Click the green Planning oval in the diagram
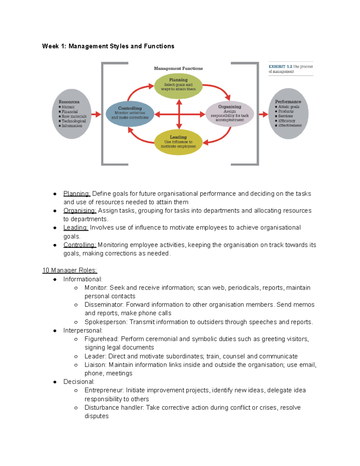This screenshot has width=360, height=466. [x=178, y=86]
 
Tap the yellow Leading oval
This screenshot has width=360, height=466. [x=178, y=142]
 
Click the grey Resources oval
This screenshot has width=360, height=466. [x=71, y=114]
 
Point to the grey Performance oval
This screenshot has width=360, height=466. [x=288, y=114]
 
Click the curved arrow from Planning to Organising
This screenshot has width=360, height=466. [x=220, y=89]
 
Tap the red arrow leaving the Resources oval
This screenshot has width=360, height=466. [x=96, y=114]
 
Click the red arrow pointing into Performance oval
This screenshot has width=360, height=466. [x=263, y=114]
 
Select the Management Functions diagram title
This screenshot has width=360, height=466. [x=178, y=68]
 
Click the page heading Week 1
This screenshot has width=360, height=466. [x=108, y=46]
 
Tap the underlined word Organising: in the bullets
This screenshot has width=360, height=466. [x=79, y=211]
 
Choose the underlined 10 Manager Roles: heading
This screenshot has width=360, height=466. [x=70, y=270]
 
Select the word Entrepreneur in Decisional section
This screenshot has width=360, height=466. [x=104, y=390]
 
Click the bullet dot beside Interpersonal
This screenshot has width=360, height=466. [x=55, y=331]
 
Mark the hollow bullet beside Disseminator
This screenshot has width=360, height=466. [x=76, y=305]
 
